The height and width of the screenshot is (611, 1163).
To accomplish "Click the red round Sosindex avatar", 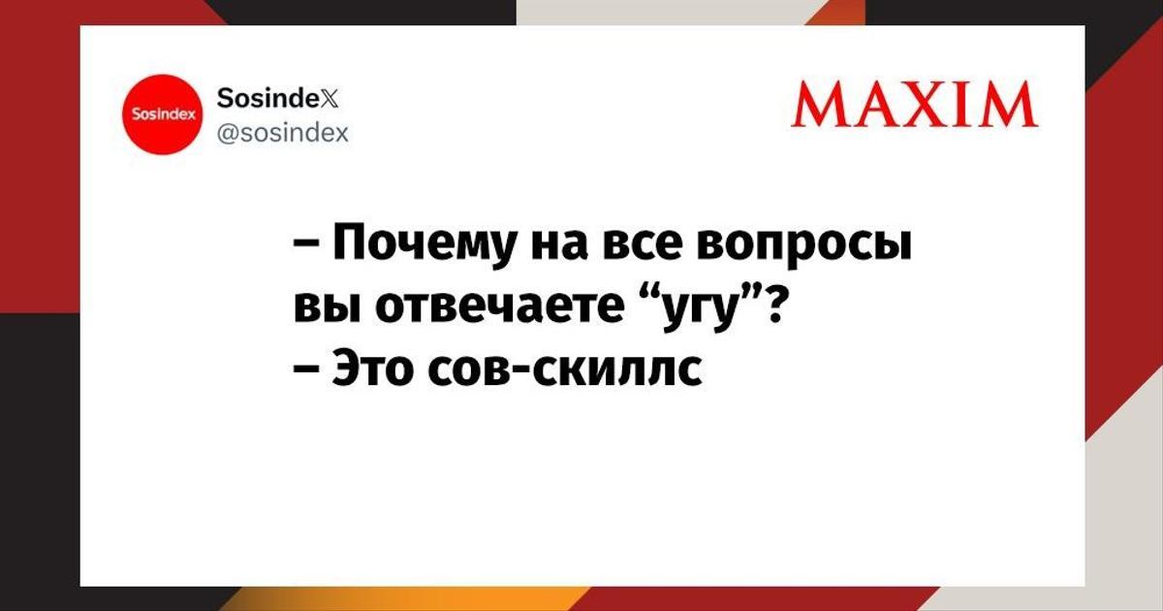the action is click(163, 114).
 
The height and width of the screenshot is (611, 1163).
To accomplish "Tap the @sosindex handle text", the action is click(282, 133).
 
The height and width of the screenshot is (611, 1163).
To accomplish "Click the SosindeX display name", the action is click(277, 97).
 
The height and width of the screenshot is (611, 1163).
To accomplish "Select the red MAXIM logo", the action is click(914, 106).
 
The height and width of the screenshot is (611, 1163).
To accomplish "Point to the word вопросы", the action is click(804, 249).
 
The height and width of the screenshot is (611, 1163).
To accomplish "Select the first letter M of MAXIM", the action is click(819, 106).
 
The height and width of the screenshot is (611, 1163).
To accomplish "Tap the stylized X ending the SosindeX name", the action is click(330, 98).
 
